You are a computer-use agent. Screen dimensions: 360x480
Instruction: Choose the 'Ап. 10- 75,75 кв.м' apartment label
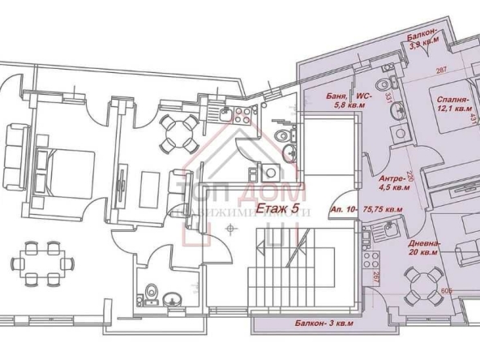(x=367, y=208)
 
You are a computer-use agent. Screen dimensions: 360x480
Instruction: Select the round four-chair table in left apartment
(x=174, y=133)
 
